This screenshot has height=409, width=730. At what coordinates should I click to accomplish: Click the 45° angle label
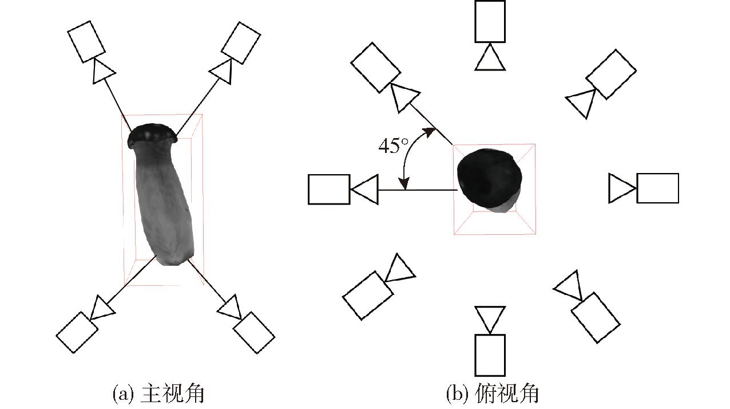tap(393, 145)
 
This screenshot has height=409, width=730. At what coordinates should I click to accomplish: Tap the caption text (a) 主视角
tap(158, 394)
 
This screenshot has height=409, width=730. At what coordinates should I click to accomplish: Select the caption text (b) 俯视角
tap(492, 394)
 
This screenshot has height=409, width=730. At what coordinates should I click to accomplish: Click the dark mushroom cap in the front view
tap(152, 135)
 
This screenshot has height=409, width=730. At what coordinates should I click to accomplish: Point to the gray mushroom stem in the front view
tap(164, 204)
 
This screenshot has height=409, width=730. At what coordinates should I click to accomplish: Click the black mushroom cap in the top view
tap(489, 179)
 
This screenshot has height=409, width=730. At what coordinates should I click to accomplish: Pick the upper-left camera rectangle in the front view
tap(86, 41)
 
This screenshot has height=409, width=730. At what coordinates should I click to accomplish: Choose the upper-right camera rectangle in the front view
tap(241, 43)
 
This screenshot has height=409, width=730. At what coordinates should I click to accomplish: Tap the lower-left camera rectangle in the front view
tap(77, 332)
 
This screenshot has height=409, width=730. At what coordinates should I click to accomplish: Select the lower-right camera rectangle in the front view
tap(254, 333)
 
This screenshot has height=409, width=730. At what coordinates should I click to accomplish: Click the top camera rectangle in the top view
tap(490, 21)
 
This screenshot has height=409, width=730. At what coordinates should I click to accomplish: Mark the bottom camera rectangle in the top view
tap(490, 355)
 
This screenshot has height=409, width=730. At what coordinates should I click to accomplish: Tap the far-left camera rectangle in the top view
tap(329, 190)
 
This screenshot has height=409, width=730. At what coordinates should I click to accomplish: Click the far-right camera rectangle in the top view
tap(658, 188)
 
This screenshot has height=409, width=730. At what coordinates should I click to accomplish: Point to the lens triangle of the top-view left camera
tap(365, 190)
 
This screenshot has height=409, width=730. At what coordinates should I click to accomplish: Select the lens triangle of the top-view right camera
tap(622, 188)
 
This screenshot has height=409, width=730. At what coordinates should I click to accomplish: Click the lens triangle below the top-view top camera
tap(490, 57)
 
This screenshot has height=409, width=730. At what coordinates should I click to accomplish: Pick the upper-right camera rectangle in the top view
tap(611, 74)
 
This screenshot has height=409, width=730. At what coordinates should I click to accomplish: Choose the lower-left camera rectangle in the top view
tap(368, 296)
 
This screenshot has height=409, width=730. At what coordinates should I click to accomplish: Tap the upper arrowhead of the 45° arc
tap(430, 132)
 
